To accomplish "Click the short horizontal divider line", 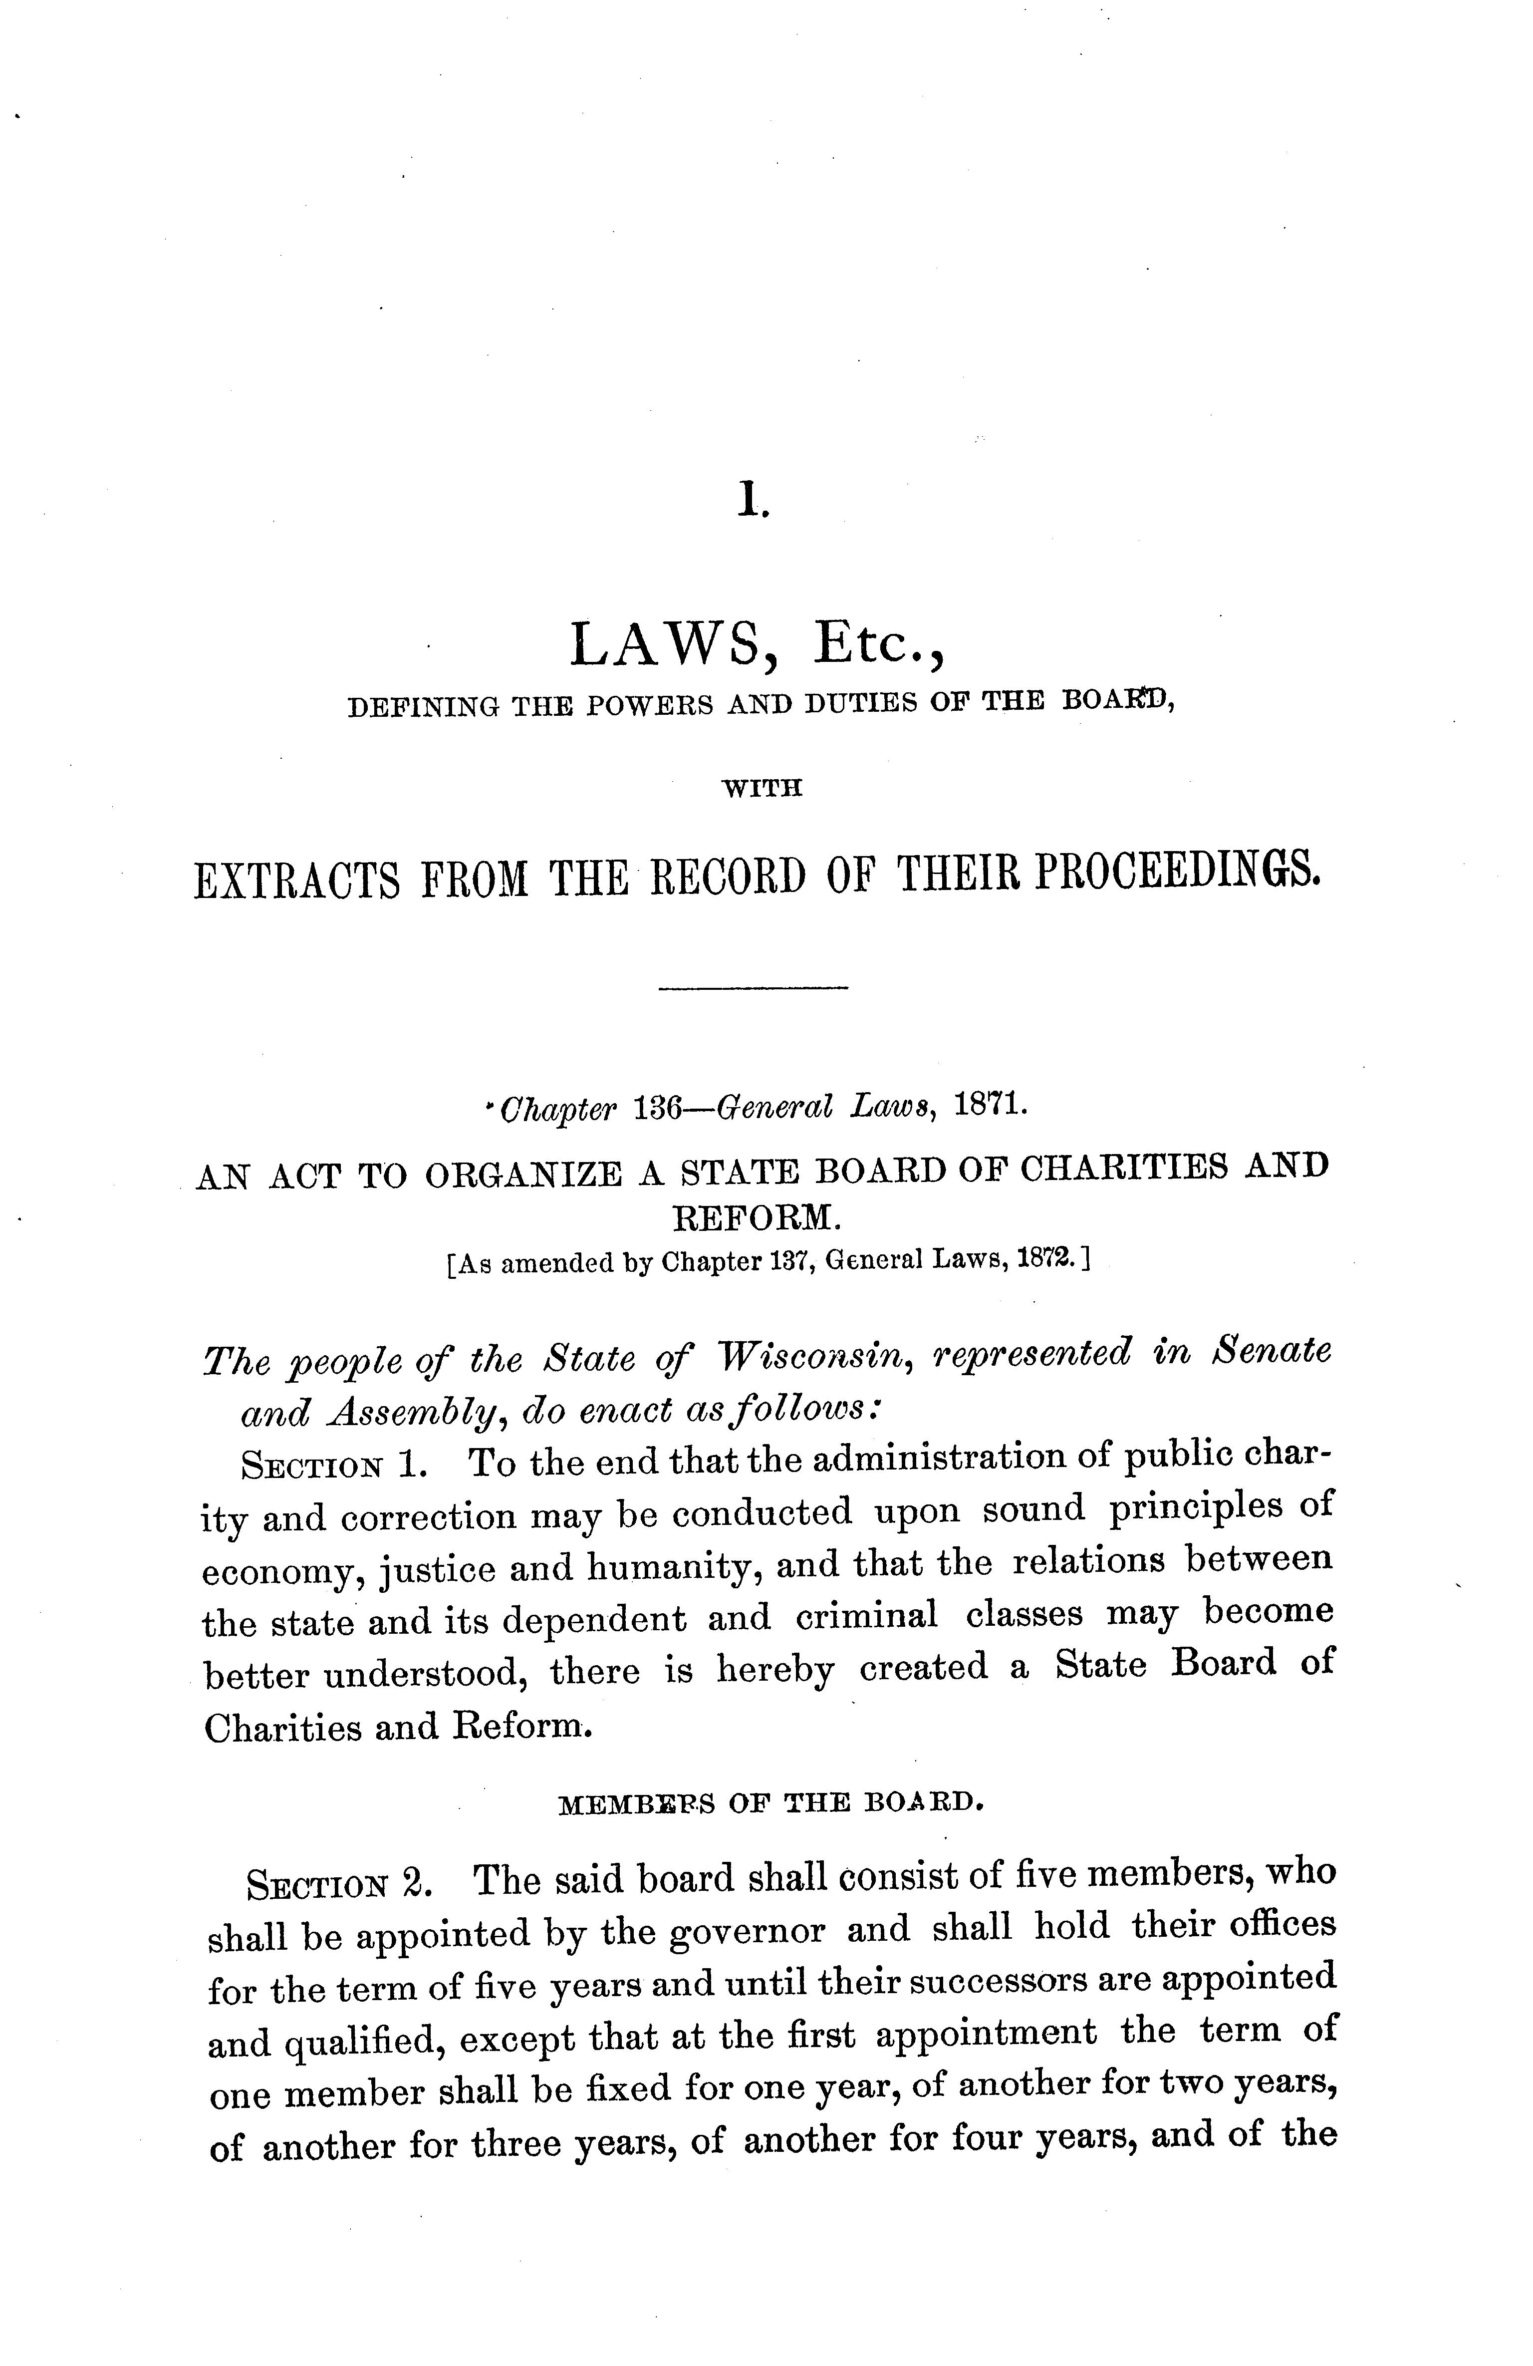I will click(x=753, y=987).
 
